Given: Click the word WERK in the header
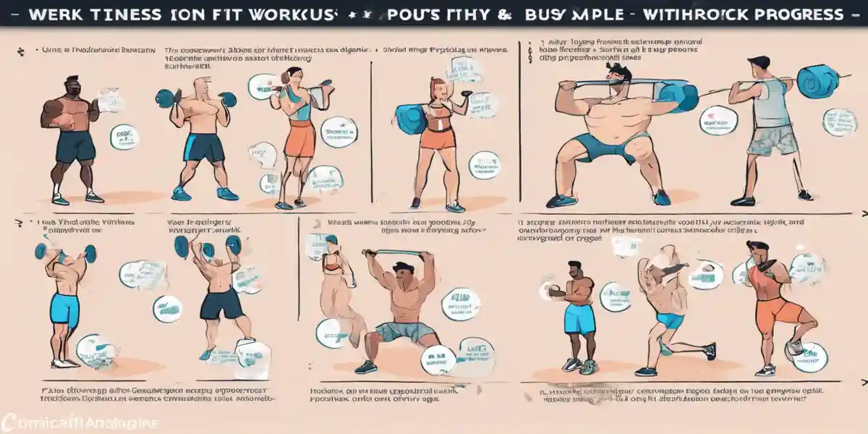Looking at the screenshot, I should (51, 14).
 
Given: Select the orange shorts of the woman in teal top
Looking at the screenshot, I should (299, 140).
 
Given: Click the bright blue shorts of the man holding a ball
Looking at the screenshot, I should (579, 318).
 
